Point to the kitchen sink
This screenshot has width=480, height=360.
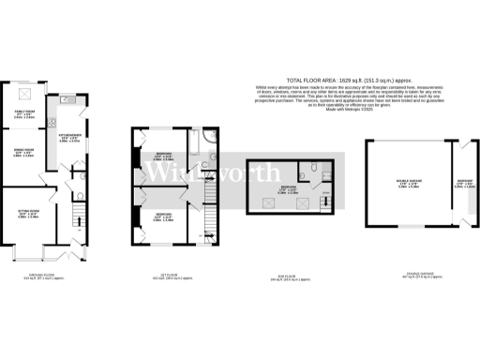point(64,99)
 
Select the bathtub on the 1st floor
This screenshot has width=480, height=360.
point(193,144)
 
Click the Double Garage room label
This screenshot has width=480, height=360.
point(407,185)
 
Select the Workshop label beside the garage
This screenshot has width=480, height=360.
point(464,183)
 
